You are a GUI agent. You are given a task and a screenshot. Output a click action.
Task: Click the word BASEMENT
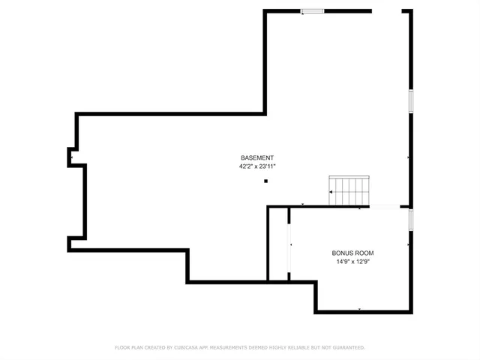pos(257,157)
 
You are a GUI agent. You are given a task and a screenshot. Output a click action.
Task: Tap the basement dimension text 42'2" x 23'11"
pos(257,166)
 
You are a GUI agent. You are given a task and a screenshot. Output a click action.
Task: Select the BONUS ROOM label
pos(352,253)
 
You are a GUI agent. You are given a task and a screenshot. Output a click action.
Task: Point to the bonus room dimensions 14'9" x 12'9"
pos(352,262)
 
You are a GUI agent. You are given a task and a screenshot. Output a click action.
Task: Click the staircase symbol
pos(349,191)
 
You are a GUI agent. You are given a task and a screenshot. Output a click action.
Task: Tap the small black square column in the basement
pos(265,180)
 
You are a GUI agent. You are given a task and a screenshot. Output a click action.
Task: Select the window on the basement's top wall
pos(313,10)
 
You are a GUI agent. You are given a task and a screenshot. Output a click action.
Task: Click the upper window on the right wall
pos(410,101)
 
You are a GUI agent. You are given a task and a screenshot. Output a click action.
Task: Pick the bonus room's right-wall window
pos(410,219)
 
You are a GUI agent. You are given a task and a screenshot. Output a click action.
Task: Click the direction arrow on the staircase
pos(331,192)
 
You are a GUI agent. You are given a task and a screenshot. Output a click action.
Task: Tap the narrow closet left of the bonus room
pos(279,244)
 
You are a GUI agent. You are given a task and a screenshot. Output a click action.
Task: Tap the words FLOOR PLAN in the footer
pos(128,347)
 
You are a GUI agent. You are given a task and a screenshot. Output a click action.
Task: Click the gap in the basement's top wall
pos(387,10)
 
